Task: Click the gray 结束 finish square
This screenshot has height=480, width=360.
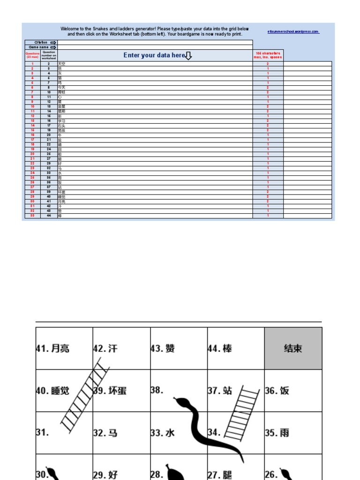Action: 293,348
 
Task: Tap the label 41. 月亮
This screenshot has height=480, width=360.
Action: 53,349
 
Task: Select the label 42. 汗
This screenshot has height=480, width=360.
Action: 106,349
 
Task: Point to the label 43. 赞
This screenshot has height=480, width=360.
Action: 163,349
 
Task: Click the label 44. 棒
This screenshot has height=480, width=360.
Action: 220,349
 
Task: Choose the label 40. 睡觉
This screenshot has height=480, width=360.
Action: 53,390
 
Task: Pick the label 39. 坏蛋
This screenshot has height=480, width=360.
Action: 110,390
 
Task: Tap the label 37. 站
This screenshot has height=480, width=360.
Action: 220,390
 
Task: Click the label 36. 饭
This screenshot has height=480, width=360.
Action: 277,390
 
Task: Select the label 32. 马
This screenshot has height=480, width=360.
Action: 105,433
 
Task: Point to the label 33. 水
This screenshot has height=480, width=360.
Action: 163,433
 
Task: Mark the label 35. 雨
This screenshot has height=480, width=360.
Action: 277,433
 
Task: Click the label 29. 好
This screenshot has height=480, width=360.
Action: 105,474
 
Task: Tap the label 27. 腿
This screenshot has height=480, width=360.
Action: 220,474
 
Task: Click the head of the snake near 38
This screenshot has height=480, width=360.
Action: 180,402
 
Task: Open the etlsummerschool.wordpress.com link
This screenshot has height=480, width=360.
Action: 293,32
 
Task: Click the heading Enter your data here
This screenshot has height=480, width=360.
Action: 155,55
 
